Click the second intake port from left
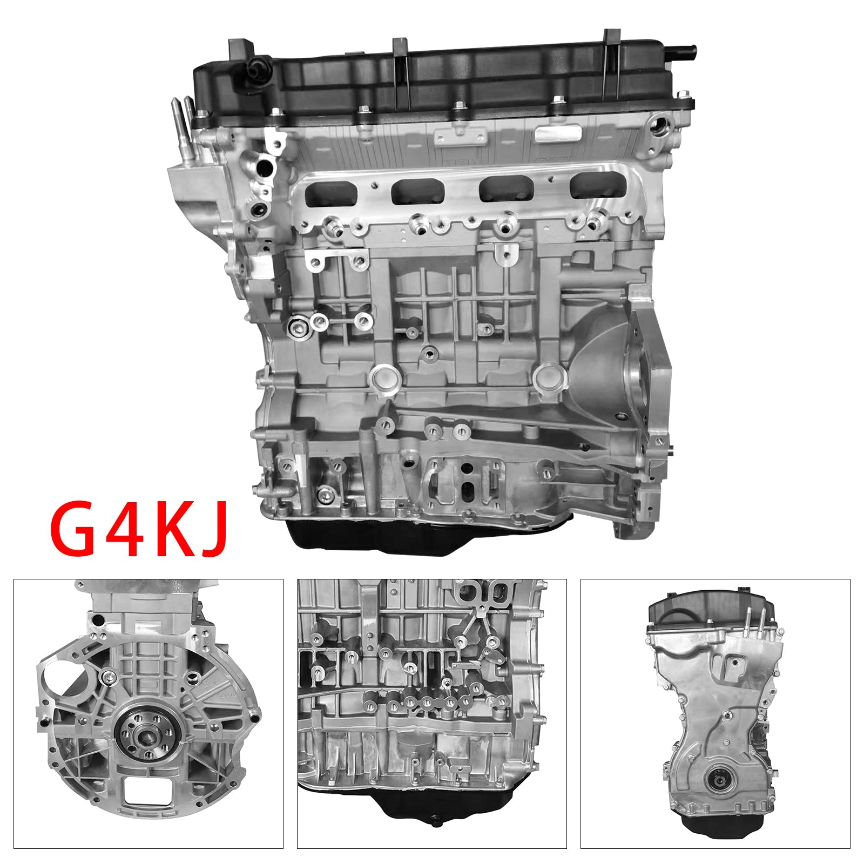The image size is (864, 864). [x=417, y=191]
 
